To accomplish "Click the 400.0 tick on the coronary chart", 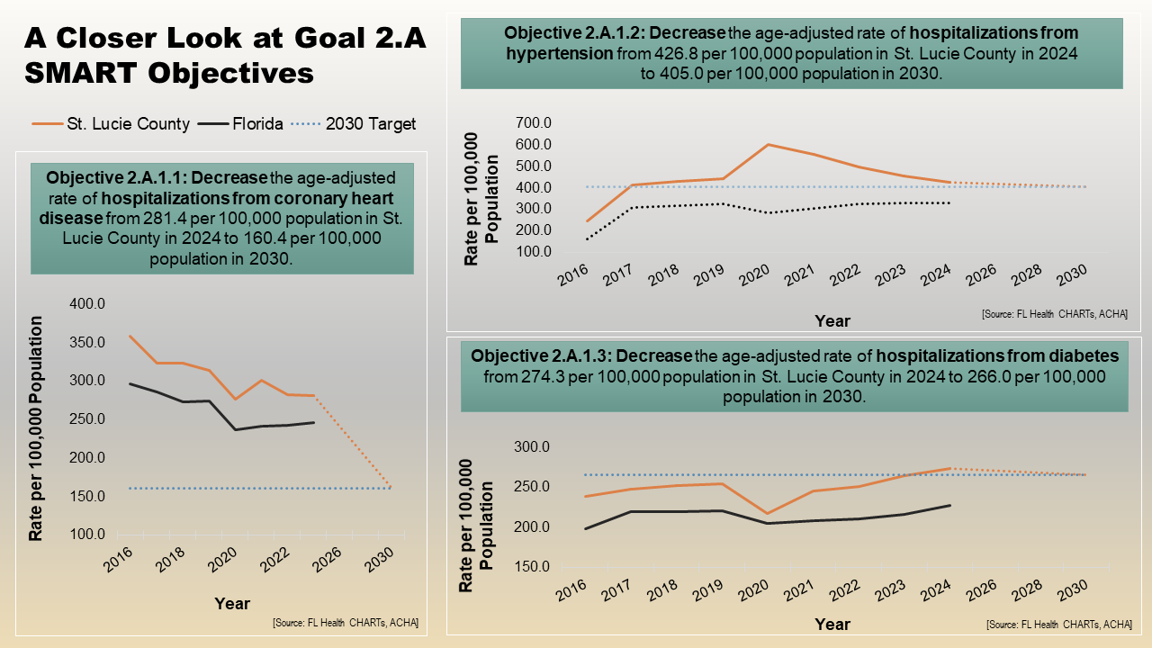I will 88,304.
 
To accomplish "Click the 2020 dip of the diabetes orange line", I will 767,514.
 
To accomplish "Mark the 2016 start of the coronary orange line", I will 130,336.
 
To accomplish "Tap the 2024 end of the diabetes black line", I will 950,505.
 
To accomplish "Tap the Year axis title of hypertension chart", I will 832,320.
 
